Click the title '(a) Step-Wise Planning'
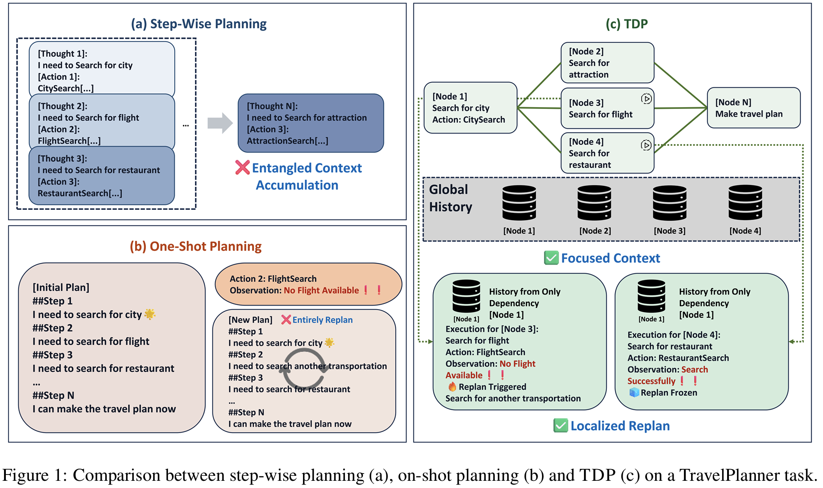[x=199, y=24]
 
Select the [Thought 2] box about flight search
[x=101, y=123]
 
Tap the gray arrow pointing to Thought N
[x=220, y=123]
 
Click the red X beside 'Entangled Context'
[x=242, y=168]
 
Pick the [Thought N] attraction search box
[x=310, y=123]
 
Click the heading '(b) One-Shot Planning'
[x=195, y=246]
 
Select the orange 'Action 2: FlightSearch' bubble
[x=308, y=284]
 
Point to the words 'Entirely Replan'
[x=322, y=320]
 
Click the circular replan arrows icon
[x=303, y=369]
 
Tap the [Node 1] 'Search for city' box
[x=470, y=108]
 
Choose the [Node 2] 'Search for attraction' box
[x=607, y=63]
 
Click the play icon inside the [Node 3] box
[x=646, y=99]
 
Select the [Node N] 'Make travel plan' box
[x=753, y=108]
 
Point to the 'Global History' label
[x=450, y=198]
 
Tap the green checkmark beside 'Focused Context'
[x=551, y=258]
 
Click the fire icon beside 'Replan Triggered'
[x=452, y=387]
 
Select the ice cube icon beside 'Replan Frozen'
[x=634, y=393]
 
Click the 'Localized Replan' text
[x=620, y=426]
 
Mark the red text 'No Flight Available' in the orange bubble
[x=321, y=290]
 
